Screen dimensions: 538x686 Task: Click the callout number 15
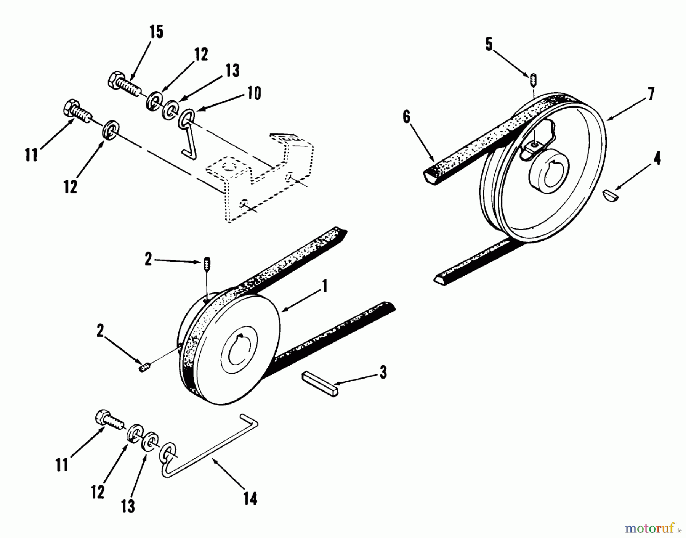click(x=157, y=32)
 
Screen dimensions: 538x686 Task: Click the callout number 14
click(x=250, y=498)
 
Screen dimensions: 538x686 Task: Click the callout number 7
click(x=651, y=93)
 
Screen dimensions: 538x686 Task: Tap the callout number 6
click(x=406, y=118)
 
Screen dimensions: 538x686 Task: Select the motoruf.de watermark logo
click(x=653, y=528)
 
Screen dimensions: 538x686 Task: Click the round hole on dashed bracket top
click(x=227, y=167)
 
